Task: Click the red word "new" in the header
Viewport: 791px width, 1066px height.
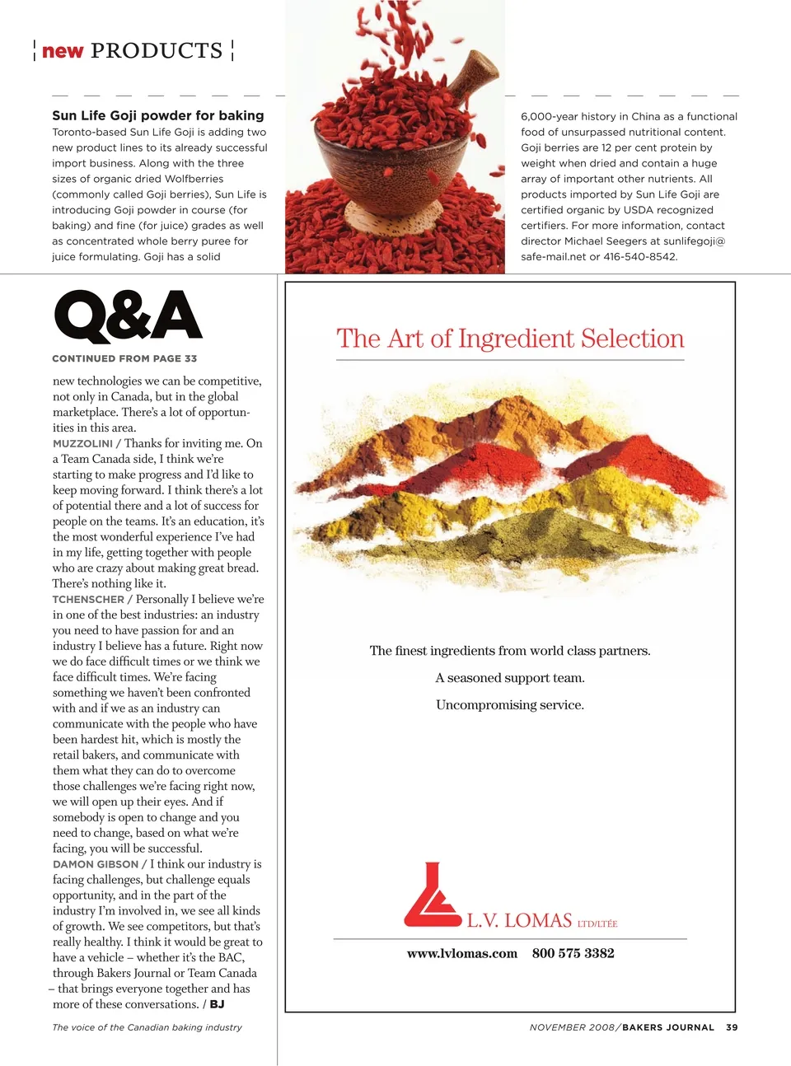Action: pos(63,51)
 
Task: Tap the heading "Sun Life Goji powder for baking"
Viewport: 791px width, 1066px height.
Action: pos(158,116)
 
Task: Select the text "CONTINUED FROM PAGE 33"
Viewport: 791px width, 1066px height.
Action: pos(124,358)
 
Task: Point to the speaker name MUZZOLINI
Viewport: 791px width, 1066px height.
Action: pos(82,443)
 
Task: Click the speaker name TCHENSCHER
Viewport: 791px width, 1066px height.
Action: pos(88,600)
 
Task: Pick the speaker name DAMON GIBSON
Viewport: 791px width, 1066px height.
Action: pos(96,864)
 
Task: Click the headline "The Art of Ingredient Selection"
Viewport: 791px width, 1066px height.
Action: pos(510,339)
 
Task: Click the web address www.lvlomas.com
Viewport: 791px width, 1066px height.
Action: pos(462,953)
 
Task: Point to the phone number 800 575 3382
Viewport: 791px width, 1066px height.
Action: pos(573,953)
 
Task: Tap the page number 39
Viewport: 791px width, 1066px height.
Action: pos(732,1027)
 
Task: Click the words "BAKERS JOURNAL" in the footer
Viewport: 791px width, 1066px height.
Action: pos(668,1027)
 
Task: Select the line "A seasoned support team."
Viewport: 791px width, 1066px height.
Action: pos(510,678)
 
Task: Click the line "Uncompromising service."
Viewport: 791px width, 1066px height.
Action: pos(510,705)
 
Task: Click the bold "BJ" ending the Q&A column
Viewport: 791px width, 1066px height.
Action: pos(217,1004)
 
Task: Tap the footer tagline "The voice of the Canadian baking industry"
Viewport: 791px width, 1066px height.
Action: pos(147,1027)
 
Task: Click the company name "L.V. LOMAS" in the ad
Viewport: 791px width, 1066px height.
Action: pos(519,921)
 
